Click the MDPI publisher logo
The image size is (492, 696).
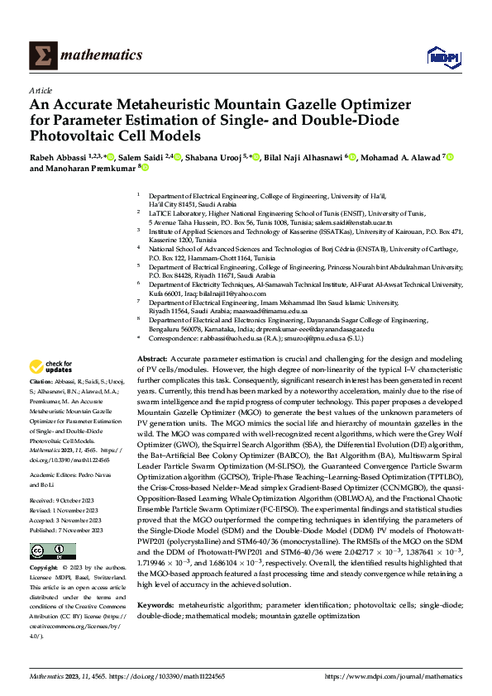pos(439,55)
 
